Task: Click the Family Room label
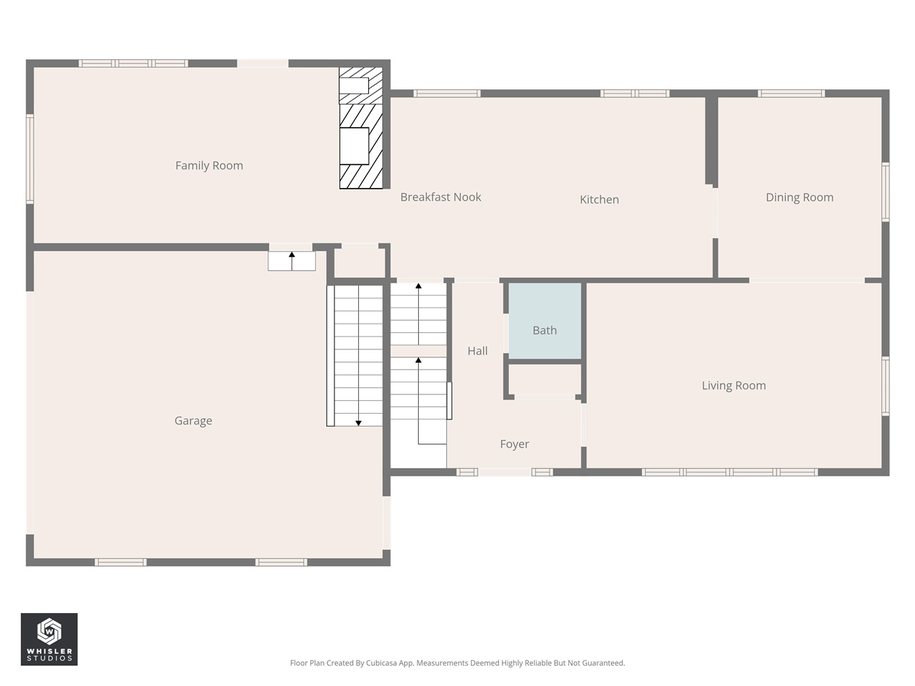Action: coord(209,166)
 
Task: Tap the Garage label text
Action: coord(193,421)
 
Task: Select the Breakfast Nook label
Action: coord(440,197)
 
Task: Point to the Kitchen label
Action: coord(599,199)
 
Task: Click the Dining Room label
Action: coord(799,197)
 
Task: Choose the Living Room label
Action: coord(733,386)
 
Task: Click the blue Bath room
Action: coord(545,321)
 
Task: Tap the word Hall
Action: coord(478,351)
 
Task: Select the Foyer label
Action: coord(514,444)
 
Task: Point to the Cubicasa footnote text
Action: coord(457,663)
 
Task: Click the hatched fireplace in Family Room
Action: coord(361,129)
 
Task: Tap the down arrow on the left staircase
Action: coord(358,422)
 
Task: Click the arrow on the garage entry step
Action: coord(292,259)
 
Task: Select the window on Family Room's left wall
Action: coord(30,159)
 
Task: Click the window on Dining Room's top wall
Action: coord(791,94)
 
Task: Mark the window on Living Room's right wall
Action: coord(886,386)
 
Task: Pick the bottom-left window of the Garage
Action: coord(121,562)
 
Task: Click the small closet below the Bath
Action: coord(545,380)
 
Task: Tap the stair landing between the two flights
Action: coord(418,351)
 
